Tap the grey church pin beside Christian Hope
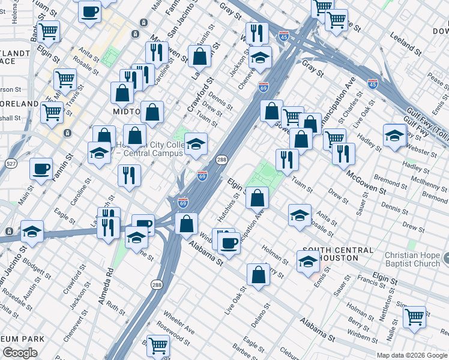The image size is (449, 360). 445,260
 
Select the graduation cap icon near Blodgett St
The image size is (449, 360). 32,231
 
